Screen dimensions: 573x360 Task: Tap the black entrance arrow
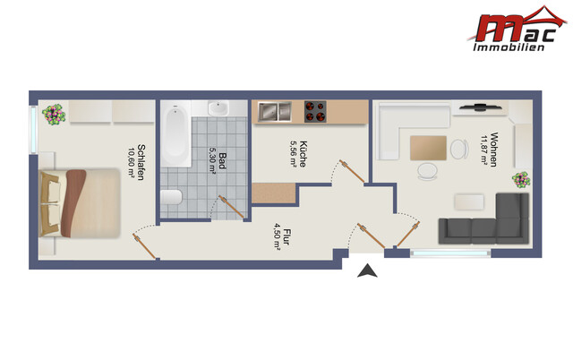coord(367,270)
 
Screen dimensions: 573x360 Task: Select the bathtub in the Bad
coord(175,133)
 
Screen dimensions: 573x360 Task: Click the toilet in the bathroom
coord(171,197)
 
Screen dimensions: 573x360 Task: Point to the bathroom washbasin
coord(218,107)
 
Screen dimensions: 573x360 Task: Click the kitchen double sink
coord(275,111)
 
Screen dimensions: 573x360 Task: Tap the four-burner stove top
coord(315,111)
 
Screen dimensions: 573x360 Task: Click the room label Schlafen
coord(141,162)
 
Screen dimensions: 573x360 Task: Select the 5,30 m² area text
coord(212,159)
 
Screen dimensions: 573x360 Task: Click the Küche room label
coord(303,154)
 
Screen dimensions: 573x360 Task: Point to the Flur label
coord(286,236)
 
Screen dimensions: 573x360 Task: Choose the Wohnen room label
coord(494,150)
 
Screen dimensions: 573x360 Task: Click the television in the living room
coord(480,107)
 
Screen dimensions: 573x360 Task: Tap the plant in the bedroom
coord(54,115)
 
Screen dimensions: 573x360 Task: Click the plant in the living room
coord(521,180)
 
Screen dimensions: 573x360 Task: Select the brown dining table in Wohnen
coord(428,148)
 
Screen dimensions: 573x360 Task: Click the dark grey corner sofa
coord(483,219)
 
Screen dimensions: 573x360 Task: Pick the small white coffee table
coord(469,202)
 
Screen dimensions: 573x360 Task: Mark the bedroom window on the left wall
coord(33,130)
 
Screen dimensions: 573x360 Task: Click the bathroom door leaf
coord(231,207)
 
